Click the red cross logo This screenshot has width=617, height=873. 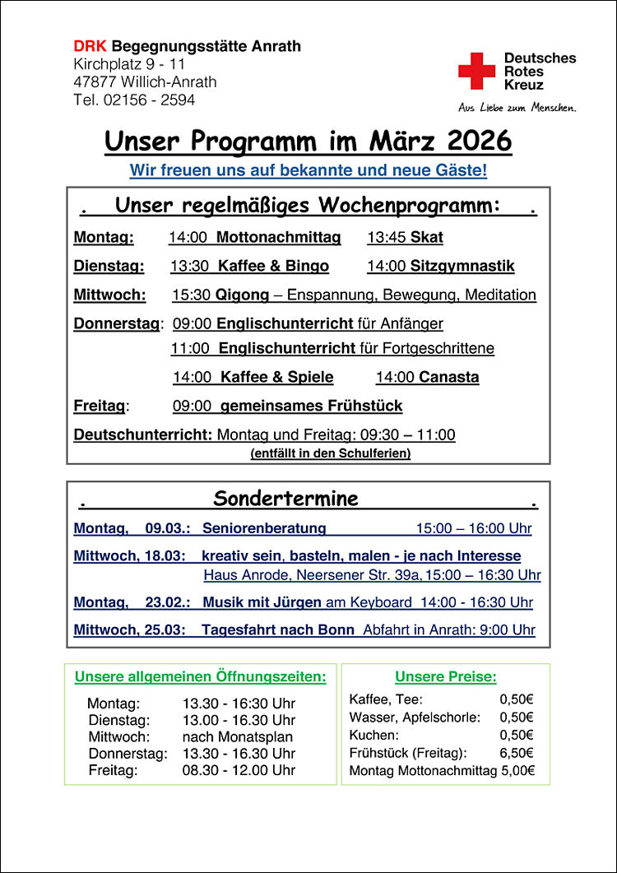click(x=476, y=71)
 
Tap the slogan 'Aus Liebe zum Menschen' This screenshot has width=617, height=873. click(x=517, y=108)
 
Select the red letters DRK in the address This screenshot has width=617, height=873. click(x=90, y=46)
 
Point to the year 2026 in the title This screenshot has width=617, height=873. click(x=479, y=141)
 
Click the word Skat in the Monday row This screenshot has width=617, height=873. click(x=427, y=238)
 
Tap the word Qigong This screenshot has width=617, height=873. click(x=242, y=295)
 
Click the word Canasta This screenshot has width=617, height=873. click(x=448, y=378)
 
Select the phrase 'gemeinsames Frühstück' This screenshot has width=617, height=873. click(x=311, y=406)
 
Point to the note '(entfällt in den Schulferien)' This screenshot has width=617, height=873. click(x=330, y=453)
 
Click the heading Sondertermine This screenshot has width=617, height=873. click(x=285, y=499)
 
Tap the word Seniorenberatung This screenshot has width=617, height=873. click(x=264, y=528)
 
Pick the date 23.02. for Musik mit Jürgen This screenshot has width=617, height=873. click(x=168, y=602)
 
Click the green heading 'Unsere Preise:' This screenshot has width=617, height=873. click(x=445, y=677)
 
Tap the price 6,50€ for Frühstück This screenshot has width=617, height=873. click(x=517, y=753)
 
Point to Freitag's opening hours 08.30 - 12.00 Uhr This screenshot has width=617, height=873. click(x=239, y=771)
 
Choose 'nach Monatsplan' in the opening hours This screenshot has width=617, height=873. click(x=237, y=736)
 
